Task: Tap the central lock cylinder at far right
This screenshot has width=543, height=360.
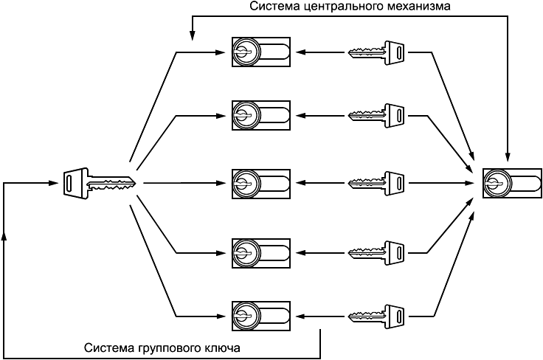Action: pos(511,181)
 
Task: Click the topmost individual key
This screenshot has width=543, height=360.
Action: pos(377,52)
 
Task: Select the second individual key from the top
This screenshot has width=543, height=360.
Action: pos(377,115)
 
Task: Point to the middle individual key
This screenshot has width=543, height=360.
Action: pos(377,181)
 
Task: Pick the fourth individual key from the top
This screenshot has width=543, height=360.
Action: pos(377,252)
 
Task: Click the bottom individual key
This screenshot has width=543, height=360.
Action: pos(377,316)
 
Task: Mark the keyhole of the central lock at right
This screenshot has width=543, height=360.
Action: pos(497,181)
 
